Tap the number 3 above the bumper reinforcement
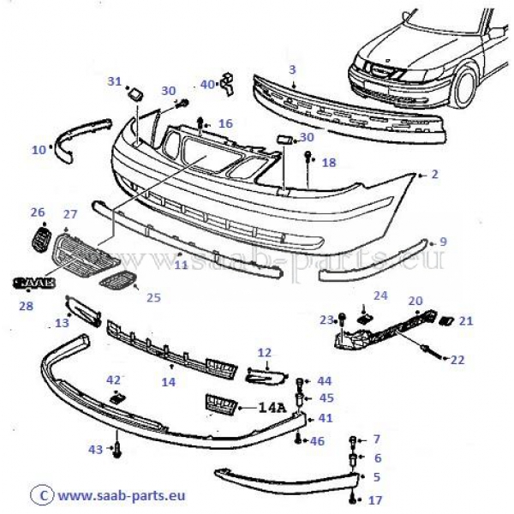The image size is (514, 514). click(292, 69)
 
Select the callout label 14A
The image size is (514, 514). click(274, 408)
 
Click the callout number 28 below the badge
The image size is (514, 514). click(27, 305)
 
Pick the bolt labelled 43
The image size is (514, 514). click(117, 449)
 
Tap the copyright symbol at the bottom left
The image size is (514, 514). click(36, 494)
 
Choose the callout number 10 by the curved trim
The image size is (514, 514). click(39, 150)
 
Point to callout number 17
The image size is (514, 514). click(374, 499)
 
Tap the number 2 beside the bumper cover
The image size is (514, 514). click(434, 175)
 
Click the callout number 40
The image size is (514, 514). click(207, 84)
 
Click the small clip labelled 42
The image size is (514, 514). click(117, 396)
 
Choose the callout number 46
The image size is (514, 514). click(317, 440)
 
